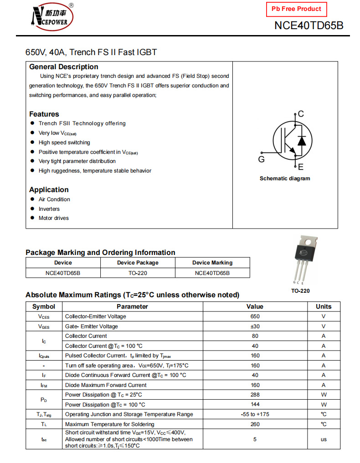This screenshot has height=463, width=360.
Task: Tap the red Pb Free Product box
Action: (296, 9)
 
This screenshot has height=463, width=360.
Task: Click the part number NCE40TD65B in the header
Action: (309, 25)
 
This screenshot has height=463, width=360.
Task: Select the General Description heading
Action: (63, 67)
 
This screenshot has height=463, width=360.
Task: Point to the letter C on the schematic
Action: (301, 114)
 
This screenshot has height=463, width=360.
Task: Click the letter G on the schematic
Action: (261, 159)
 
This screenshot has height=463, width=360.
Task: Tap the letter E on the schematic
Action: (301, 167)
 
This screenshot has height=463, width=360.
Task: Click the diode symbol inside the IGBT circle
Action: (301, 141)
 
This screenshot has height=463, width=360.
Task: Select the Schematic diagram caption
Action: (284, 178)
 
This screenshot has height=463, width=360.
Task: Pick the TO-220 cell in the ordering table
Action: (138, 273)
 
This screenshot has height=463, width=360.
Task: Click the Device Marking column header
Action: (212, 263)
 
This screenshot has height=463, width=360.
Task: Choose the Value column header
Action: (255, 306)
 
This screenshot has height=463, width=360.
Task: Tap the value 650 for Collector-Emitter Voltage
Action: (255, 316)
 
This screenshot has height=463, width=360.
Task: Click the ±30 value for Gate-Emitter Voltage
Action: (255, 326)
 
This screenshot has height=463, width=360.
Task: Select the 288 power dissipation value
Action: (255, 395)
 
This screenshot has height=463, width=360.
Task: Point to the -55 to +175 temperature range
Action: (255, 414)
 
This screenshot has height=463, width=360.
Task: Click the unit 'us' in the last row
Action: (324, 439)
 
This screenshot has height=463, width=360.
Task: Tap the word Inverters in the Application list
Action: (49, 209)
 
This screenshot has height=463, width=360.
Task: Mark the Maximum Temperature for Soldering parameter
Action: (109, 424)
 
